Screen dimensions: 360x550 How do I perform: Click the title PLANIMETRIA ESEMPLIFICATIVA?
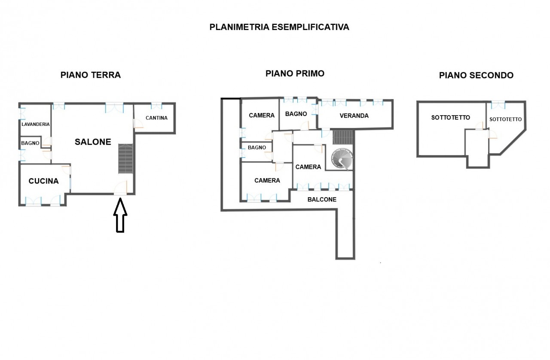[279, 27]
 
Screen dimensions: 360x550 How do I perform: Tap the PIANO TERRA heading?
[91, 75]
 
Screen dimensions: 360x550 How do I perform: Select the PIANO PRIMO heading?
[295, 73]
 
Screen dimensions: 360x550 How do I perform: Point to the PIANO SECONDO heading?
[476, 76]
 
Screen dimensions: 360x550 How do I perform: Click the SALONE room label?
[93, 142]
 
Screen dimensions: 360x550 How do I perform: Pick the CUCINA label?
[43, 181]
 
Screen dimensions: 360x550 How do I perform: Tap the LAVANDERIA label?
[36, 124]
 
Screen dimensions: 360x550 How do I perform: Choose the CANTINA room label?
[156, 118]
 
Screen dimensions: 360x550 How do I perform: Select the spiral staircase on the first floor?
[341, 159]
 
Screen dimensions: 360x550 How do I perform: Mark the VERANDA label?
[354, 116]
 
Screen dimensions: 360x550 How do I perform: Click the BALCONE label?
[322, 199]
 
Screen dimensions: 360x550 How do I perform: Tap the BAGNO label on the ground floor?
[31, 143]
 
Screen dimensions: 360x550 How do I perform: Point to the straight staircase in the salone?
[125, 159]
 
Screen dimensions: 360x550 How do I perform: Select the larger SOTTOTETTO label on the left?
[451, 117]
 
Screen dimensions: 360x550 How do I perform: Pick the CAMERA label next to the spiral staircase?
[308, 167]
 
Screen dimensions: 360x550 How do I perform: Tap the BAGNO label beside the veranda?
[296, 114]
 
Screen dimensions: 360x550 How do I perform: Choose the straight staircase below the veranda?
[343, 137]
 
